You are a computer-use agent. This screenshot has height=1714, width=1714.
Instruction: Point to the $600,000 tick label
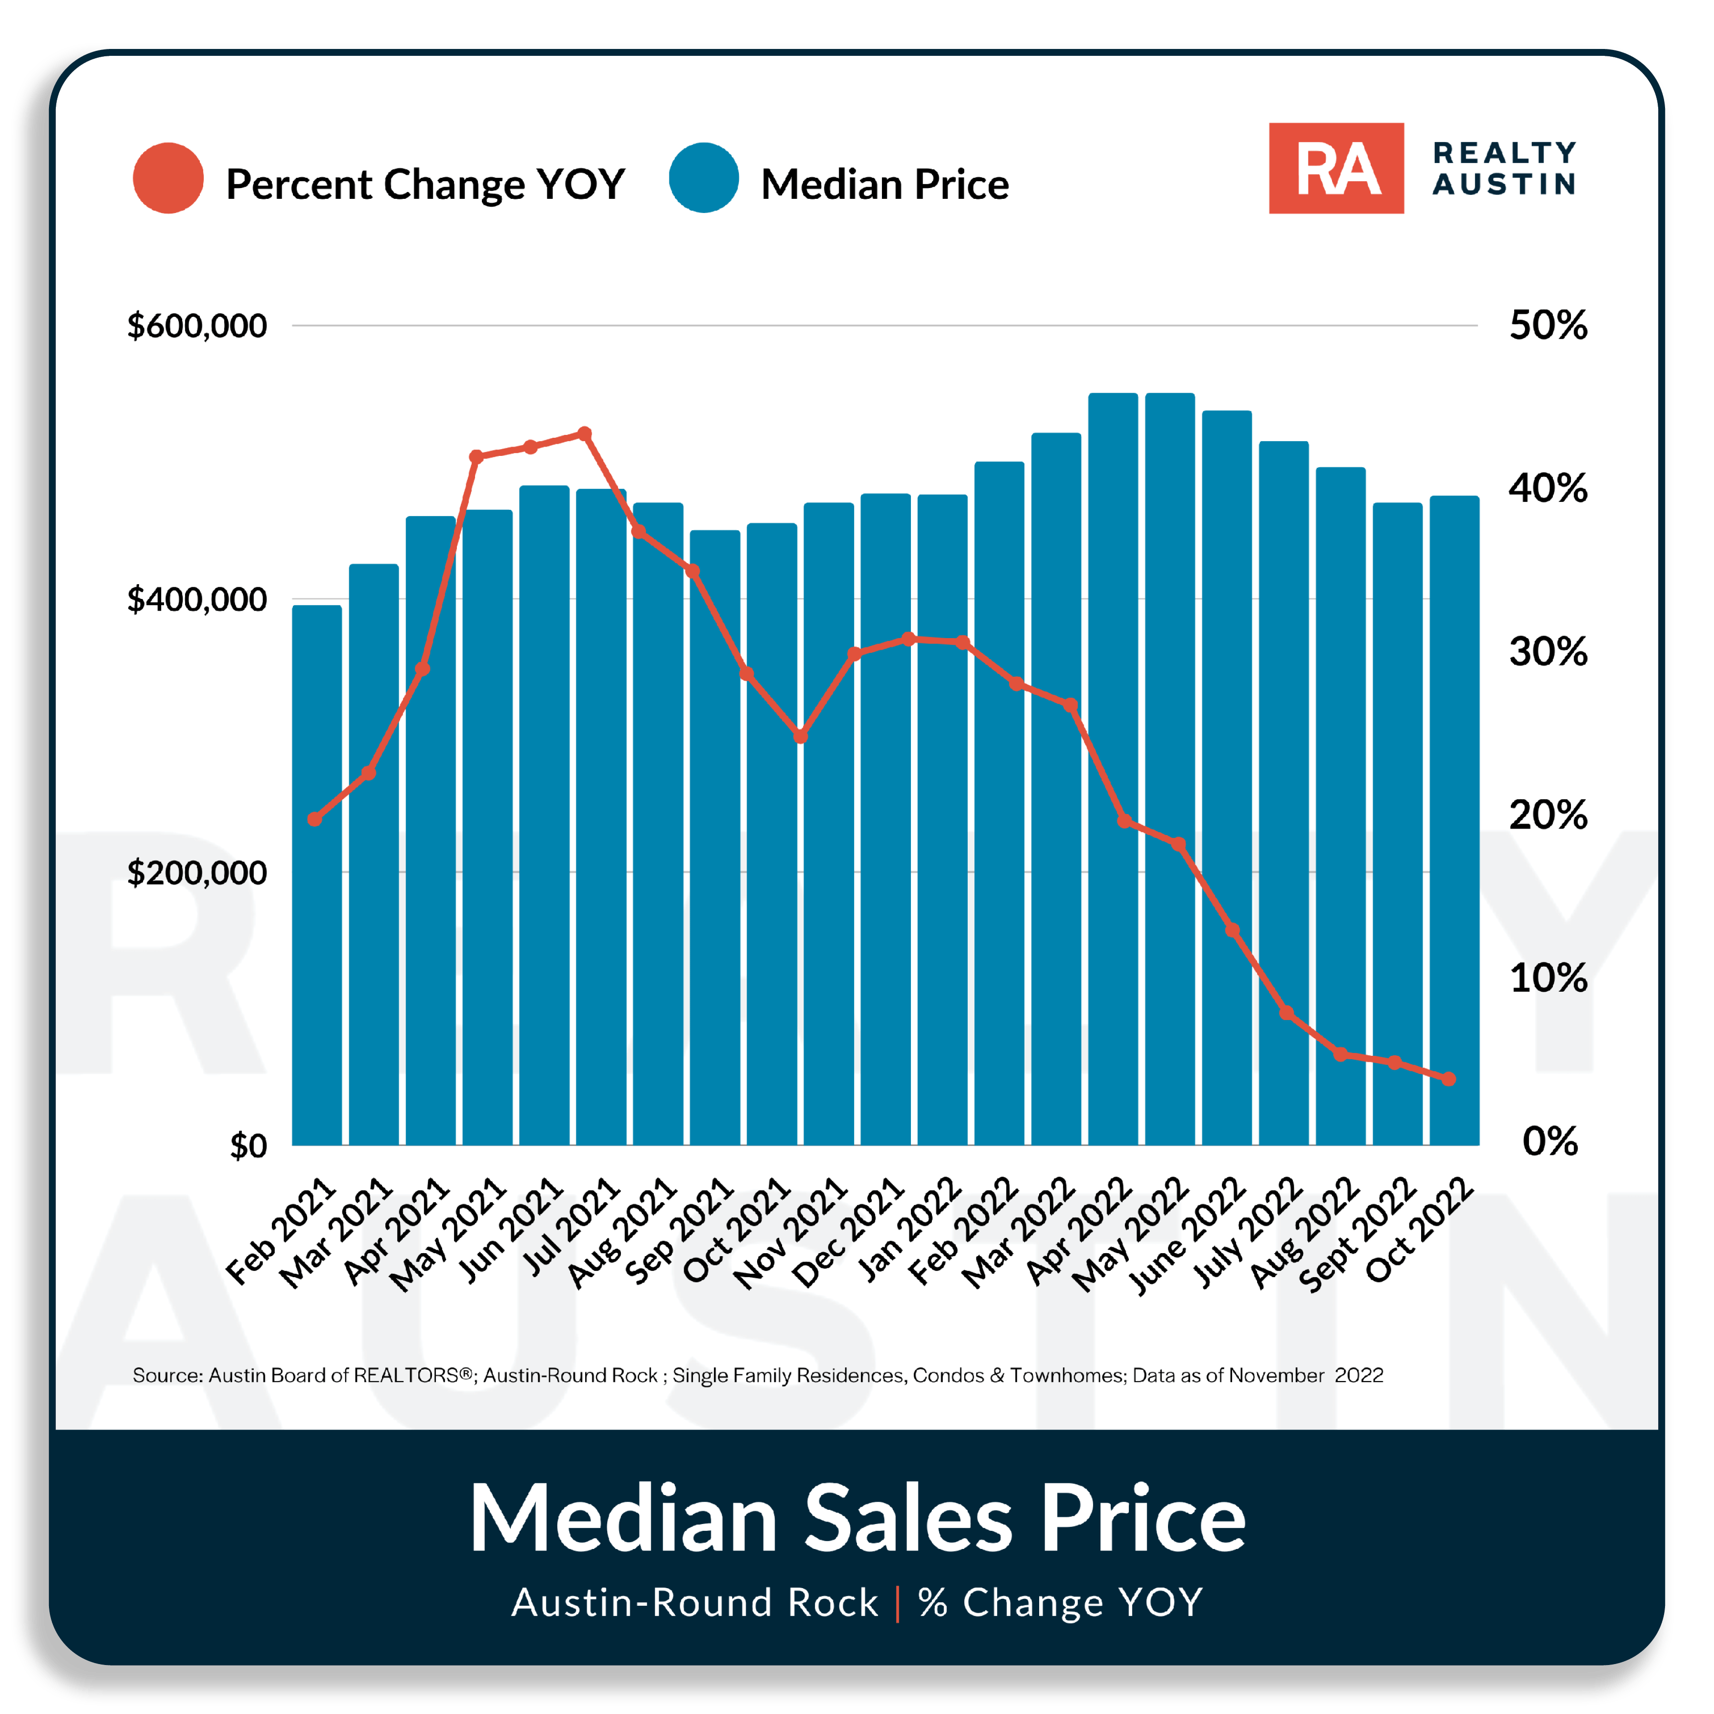point(197,326)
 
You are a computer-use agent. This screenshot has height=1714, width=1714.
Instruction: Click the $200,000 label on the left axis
point(197,873)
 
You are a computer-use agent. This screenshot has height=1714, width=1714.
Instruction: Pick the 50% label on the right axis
point(1548,326)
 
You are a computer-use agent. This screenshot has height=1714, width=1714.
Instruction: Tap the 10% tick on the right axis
point(1548,977)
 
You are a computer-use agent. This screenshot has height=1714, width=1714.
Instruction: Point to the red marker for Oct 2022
point(1449,1079)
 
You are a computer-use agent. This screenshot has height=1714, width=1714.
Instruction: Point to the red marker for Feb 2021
point(314,819)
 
